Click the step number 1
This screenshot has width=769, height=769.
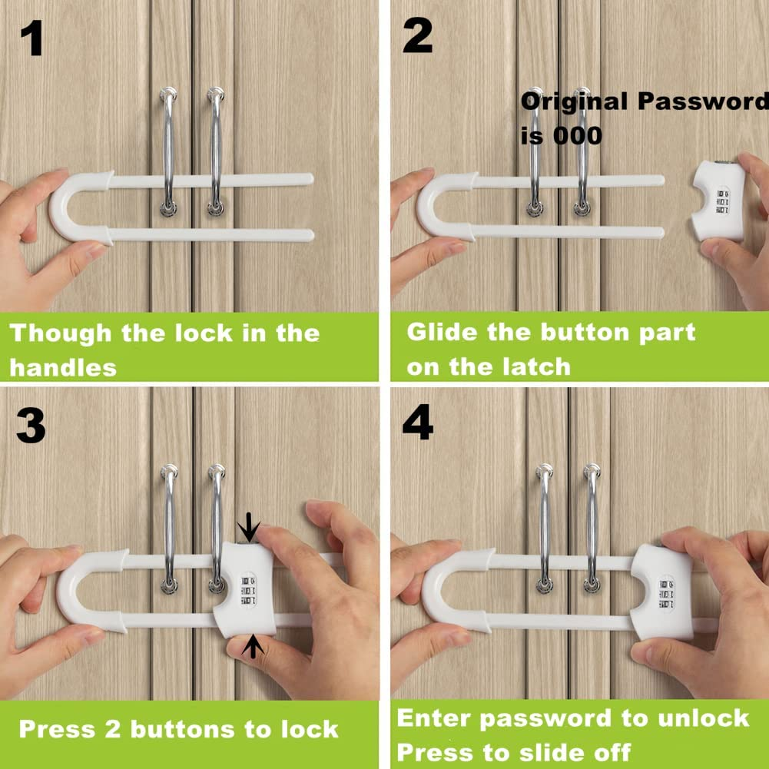point(31,39)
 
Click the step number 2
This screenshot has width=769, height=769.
point(417,37)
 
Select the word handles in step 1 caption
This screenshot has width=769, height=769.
point(63,367)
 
